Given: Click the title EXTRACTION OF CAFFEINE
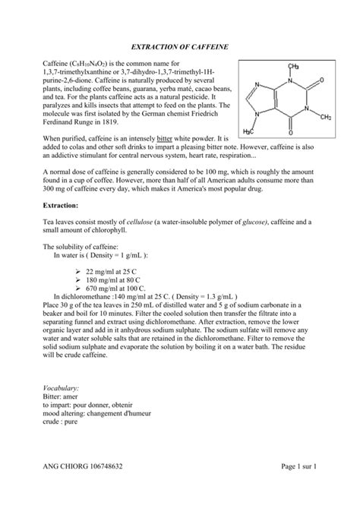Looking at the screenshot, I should click(x=180, y=47).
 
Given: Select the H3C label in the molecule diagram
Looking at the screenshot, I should click(x=257, y=131).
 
